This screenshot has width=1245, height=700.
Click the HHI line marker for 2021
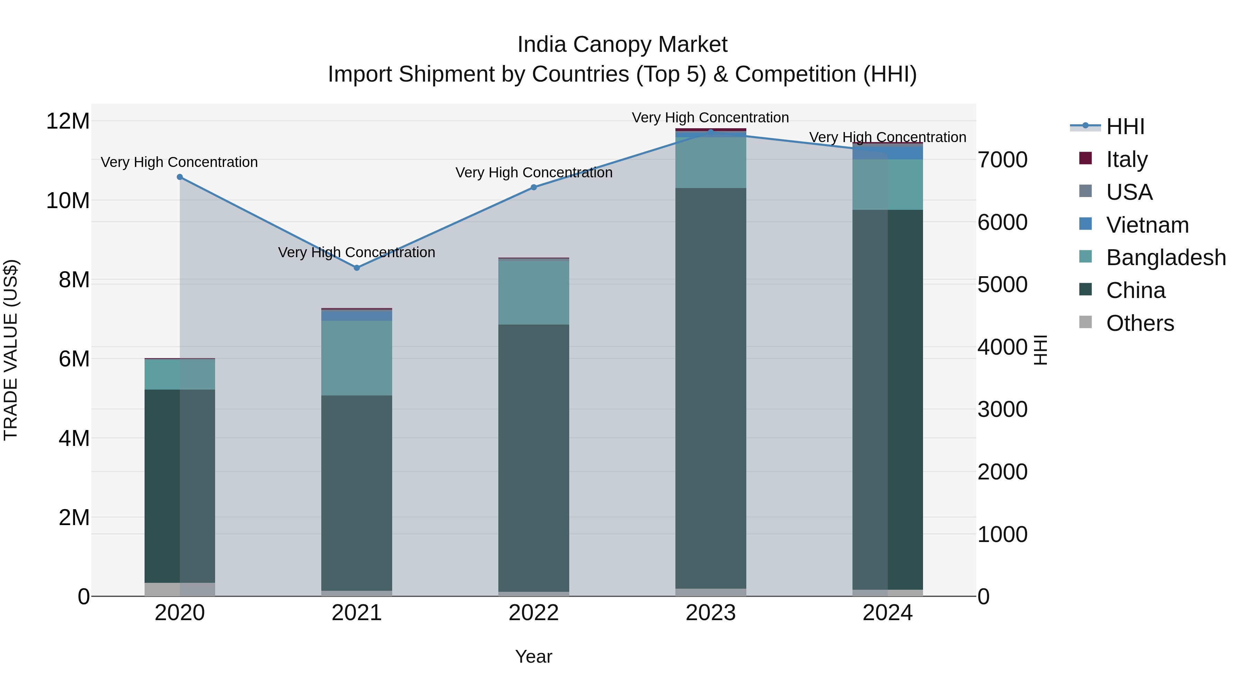[357, 268]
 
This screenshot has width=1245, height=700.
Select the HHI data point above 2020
[180, 177]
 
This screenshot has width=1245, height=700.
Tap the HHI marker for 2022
[534, 187]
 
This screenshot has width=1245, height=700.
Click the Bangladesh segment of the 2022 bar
[534, 292]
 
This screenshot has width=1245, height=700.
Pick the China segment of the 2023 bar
[710, 386]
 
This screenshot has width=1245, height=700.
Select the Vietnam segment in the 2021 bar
[357, 316]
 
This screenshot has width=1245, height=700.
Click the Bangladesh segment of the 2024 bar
[887, 185]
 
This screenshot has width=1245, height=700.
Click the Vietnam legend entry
[1147, 225]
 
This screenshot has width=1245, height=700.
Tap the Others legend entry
[1140, 323]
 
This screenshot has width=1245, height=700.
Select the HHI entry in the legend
[1125, 127]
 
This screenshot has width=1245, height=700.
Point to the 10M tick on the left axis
[68, 200]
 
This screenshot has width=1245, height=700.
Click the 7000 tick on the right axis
[1002, 160]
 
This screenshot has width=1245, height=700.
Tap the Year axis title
[534, 656]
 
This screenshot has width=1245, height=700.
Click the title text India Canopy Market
[622, 45]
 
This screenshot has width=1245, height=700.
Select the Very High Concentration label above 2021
[357, 252]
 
